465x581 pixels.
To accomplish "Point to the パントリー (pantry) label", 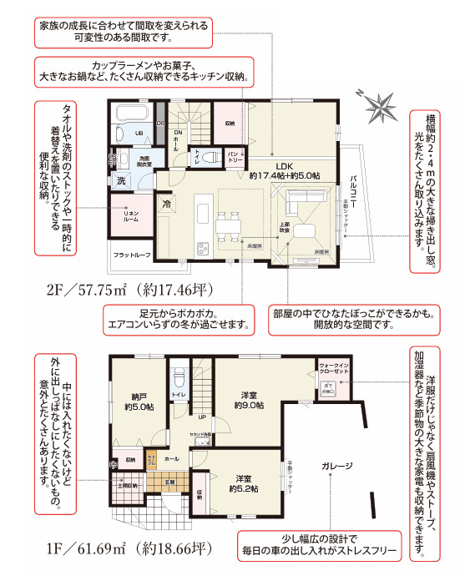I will (235, 155).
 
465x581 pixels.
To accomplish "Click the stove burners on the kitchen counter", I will (201, 246).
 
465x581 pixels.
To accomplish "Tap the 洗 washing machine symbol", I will (121, 180).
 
